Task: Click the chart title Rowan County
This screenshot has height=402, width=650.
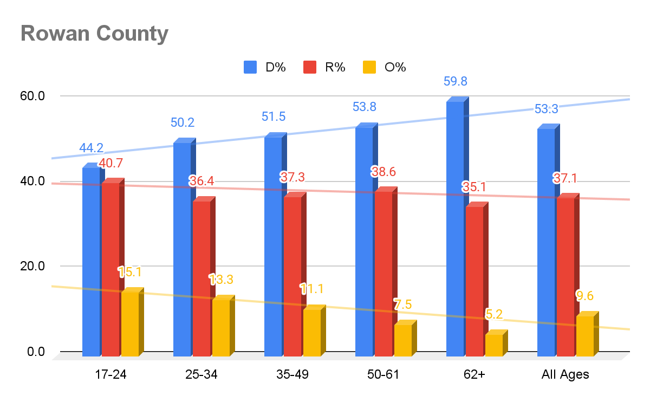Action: pos(94,34)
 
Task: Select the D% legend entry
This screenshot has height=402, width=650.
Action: pos(265,67)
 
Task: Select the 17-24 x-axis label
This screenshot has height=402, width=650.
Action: pos(110,374)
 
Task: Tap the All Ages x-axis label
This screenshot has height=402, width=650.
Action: pos(565,374)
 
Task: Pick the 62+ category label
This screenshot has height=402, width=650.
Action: pos(474,374)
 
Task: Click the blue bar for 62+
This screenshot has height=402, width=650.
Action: pos(455,228)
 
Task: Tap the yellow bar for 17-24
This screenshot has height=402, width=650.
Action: pos(130,323)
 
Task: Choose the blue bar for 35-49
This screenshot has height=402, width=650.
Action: pos(273,246)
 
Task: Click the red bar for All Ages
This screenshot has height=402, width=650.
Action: pos(565,276)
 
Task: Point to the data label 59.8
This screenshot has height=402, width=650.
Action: pos(455,82)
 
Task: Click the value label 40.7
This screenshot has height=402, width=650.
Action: pos(112,162)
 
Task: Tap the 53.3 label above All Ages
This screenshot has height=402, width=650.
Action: pos(546,109)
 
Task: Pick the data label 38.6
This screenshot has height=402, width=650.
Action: pos(383,172)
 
